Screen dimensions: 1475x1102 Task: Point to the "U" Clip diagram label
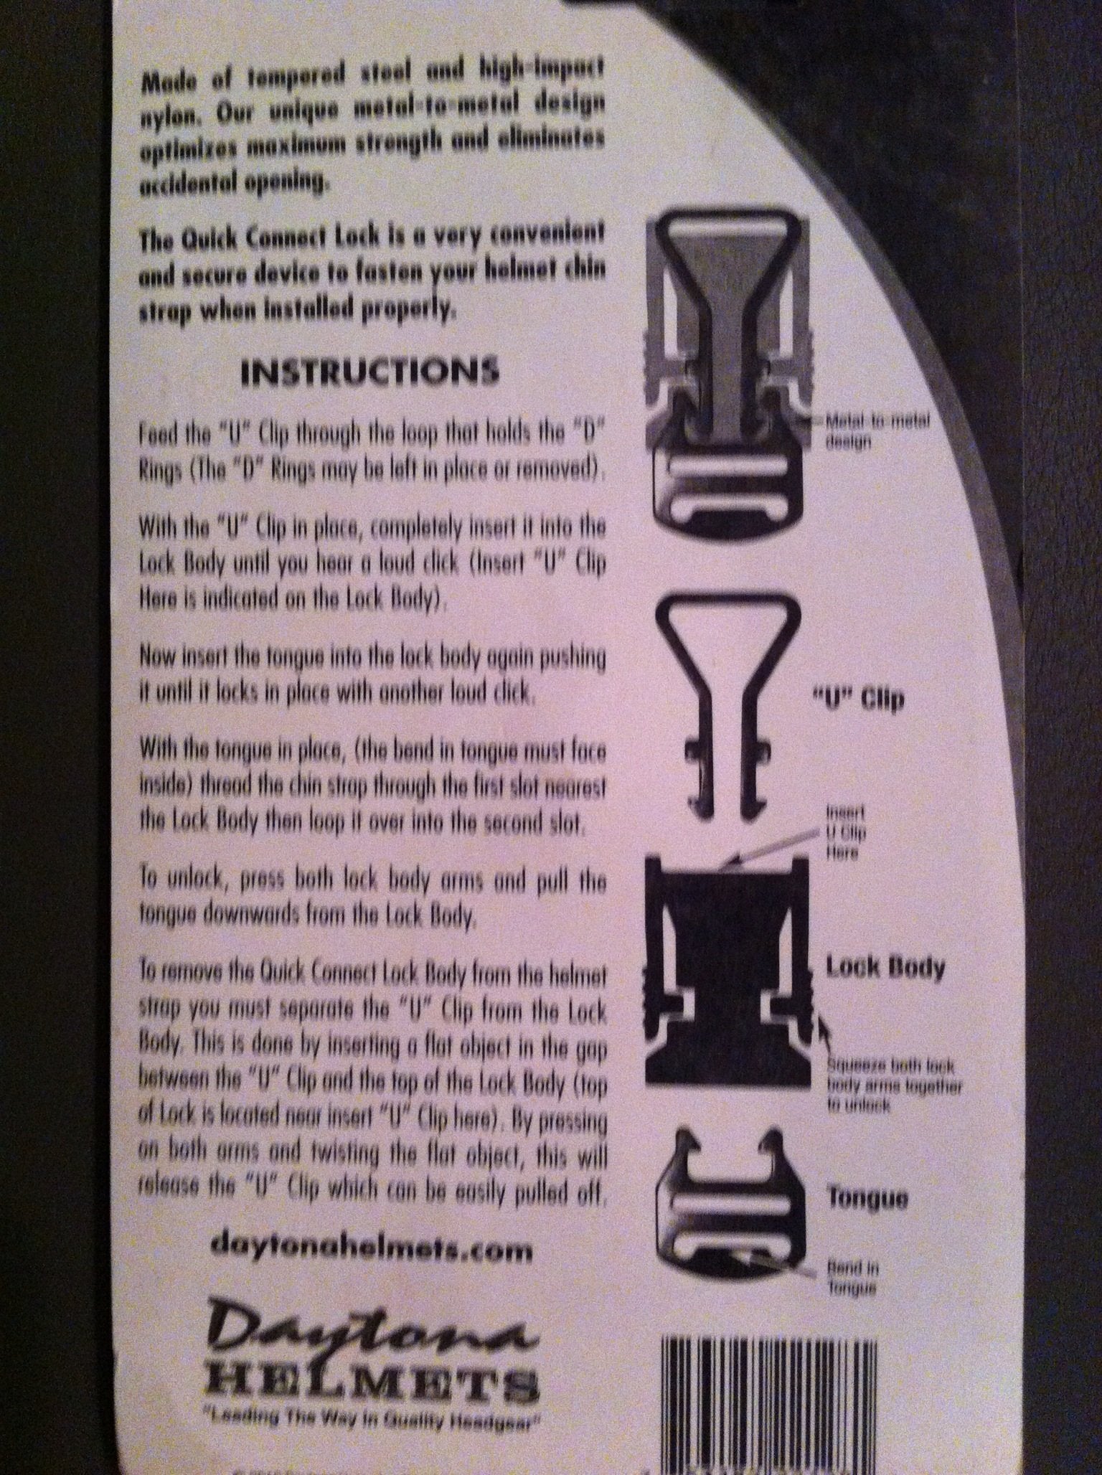pyautogui.click(x=851, y=699)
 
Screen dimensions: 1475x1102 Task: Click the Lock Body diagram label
pyautogui.click(x=885, y=968)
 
